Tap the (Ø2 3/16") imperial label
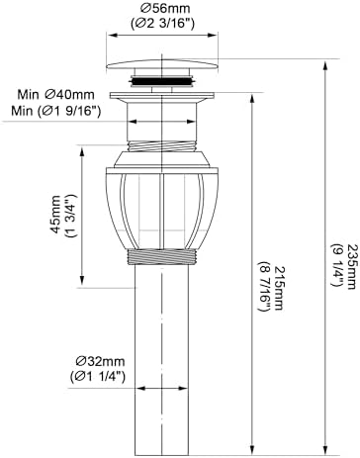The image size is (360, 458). coord(162,23)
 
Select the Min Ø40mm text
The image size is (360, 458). coord(55,95)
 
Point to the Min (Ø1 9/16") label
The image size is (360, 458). coord(55,111)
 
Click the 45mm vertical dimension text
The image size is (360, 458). coord(55,215)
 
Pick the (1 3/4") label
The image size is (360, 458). coord(72,216)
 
